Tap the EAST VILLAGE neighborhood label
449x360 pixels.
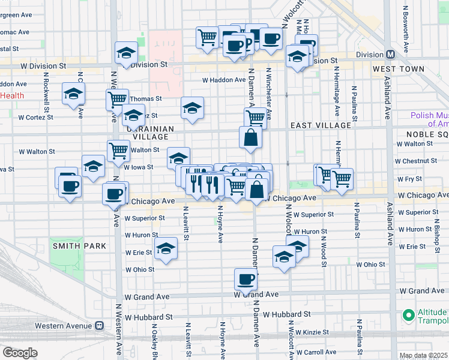click(321, 125)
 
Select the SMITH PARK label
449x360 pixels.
click(79, 246)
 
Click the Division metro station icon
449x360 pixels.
click(391, 55)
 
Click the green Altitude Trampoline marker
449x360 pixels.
click(409, 315)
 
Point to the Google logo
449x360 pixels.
click(20, 353)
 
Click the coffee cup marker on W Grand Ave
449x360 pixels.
click(246, 280)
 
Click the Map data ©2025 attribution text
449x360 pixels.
click(423, 356)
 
